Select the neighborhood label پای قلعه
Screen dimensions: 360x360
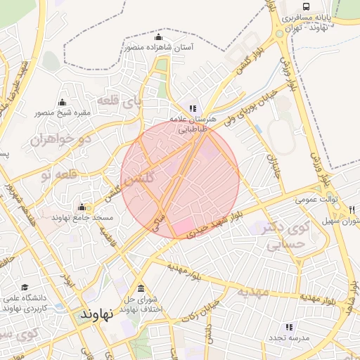tap(118, 101)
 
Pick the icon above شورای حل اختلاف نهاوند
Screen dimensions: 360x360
tap(141, 289)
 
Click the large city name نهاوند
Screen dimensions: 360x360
tap(97, 314)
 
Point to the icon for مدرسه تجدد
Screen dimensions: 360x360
tap(288, 327)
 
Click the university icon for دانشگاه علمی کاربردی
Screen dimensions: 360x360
tap(26, 288)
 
